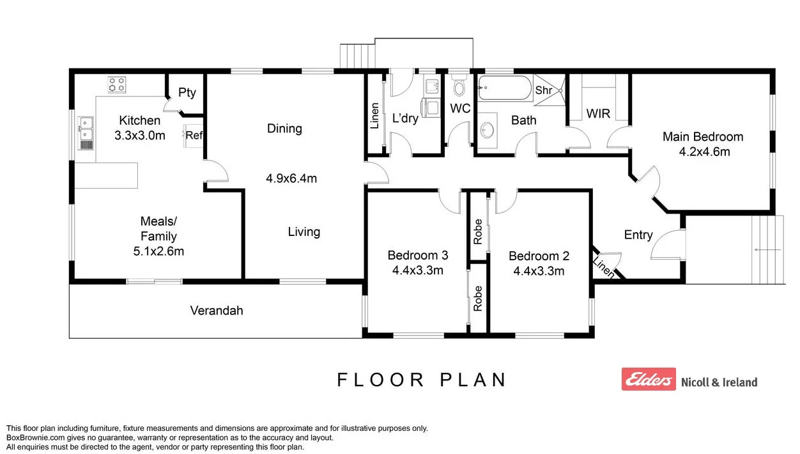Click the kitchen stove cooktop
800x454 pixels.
coord(117,84)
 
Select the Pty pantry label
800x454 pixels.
coord(187,93)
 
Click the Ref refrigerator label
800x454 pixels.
coord(194,135)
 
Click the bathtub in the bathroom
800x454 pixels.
coord(504,88)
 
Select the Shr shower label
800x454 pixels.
coord(543,90)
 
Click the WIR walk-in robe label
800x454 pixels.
coord(598,114)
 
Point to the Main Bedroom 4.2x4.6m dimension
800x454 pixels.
coord(703,152)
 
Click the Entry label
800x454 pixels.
coord(638,235)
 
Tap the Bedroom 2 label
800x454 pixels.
coord(539,256)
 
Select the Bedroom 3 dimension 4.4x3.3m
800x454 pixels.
coord(418,270)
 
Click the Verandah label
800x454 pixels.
coord(217,311)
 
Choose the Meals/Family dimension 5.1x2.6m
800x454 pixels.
coord(158,251)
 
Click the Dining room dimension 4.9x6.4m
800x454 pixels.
coord(291,178)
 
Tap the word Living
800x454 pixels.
coord(304,231)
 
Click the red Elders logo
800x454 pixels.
coord(648,379)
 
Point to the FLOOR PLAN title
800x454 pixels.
coord(422,380)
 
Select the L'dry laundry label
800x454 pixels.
coord(405,118)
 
